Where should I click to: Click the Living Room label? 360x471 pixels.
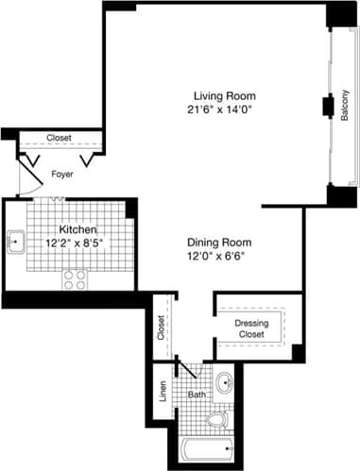[x=225, y=96]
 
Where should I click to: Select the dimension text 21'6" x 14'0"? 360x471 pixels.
[x=225, y=109]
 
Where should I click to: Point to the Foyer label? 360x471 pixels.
[x=61, y=174]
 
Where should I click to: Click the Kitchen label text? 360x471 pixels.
[x=76, y=230]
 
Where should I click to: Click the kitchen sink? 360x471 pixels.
[x=16, y=243]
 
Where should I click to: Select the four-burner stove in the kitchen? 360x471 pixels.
[x=74, y=279]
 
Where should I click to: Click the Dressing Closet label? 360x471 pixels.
[x=251, y=328]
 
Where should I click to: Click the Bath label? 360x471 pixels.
[x=196, y=395]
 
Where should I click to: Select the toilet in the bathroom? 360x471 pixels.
[x=215, y=418]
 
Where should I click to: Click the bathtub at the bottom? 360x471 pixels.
[x=204, y=451]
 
